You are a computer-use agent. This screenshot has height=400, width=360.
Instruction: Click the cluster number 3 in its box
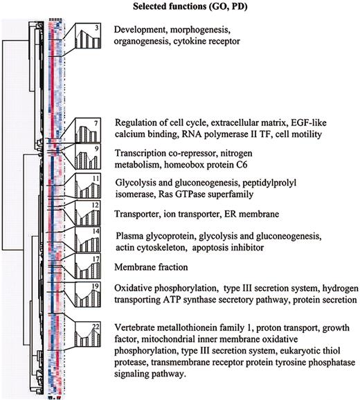(97, 28)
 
